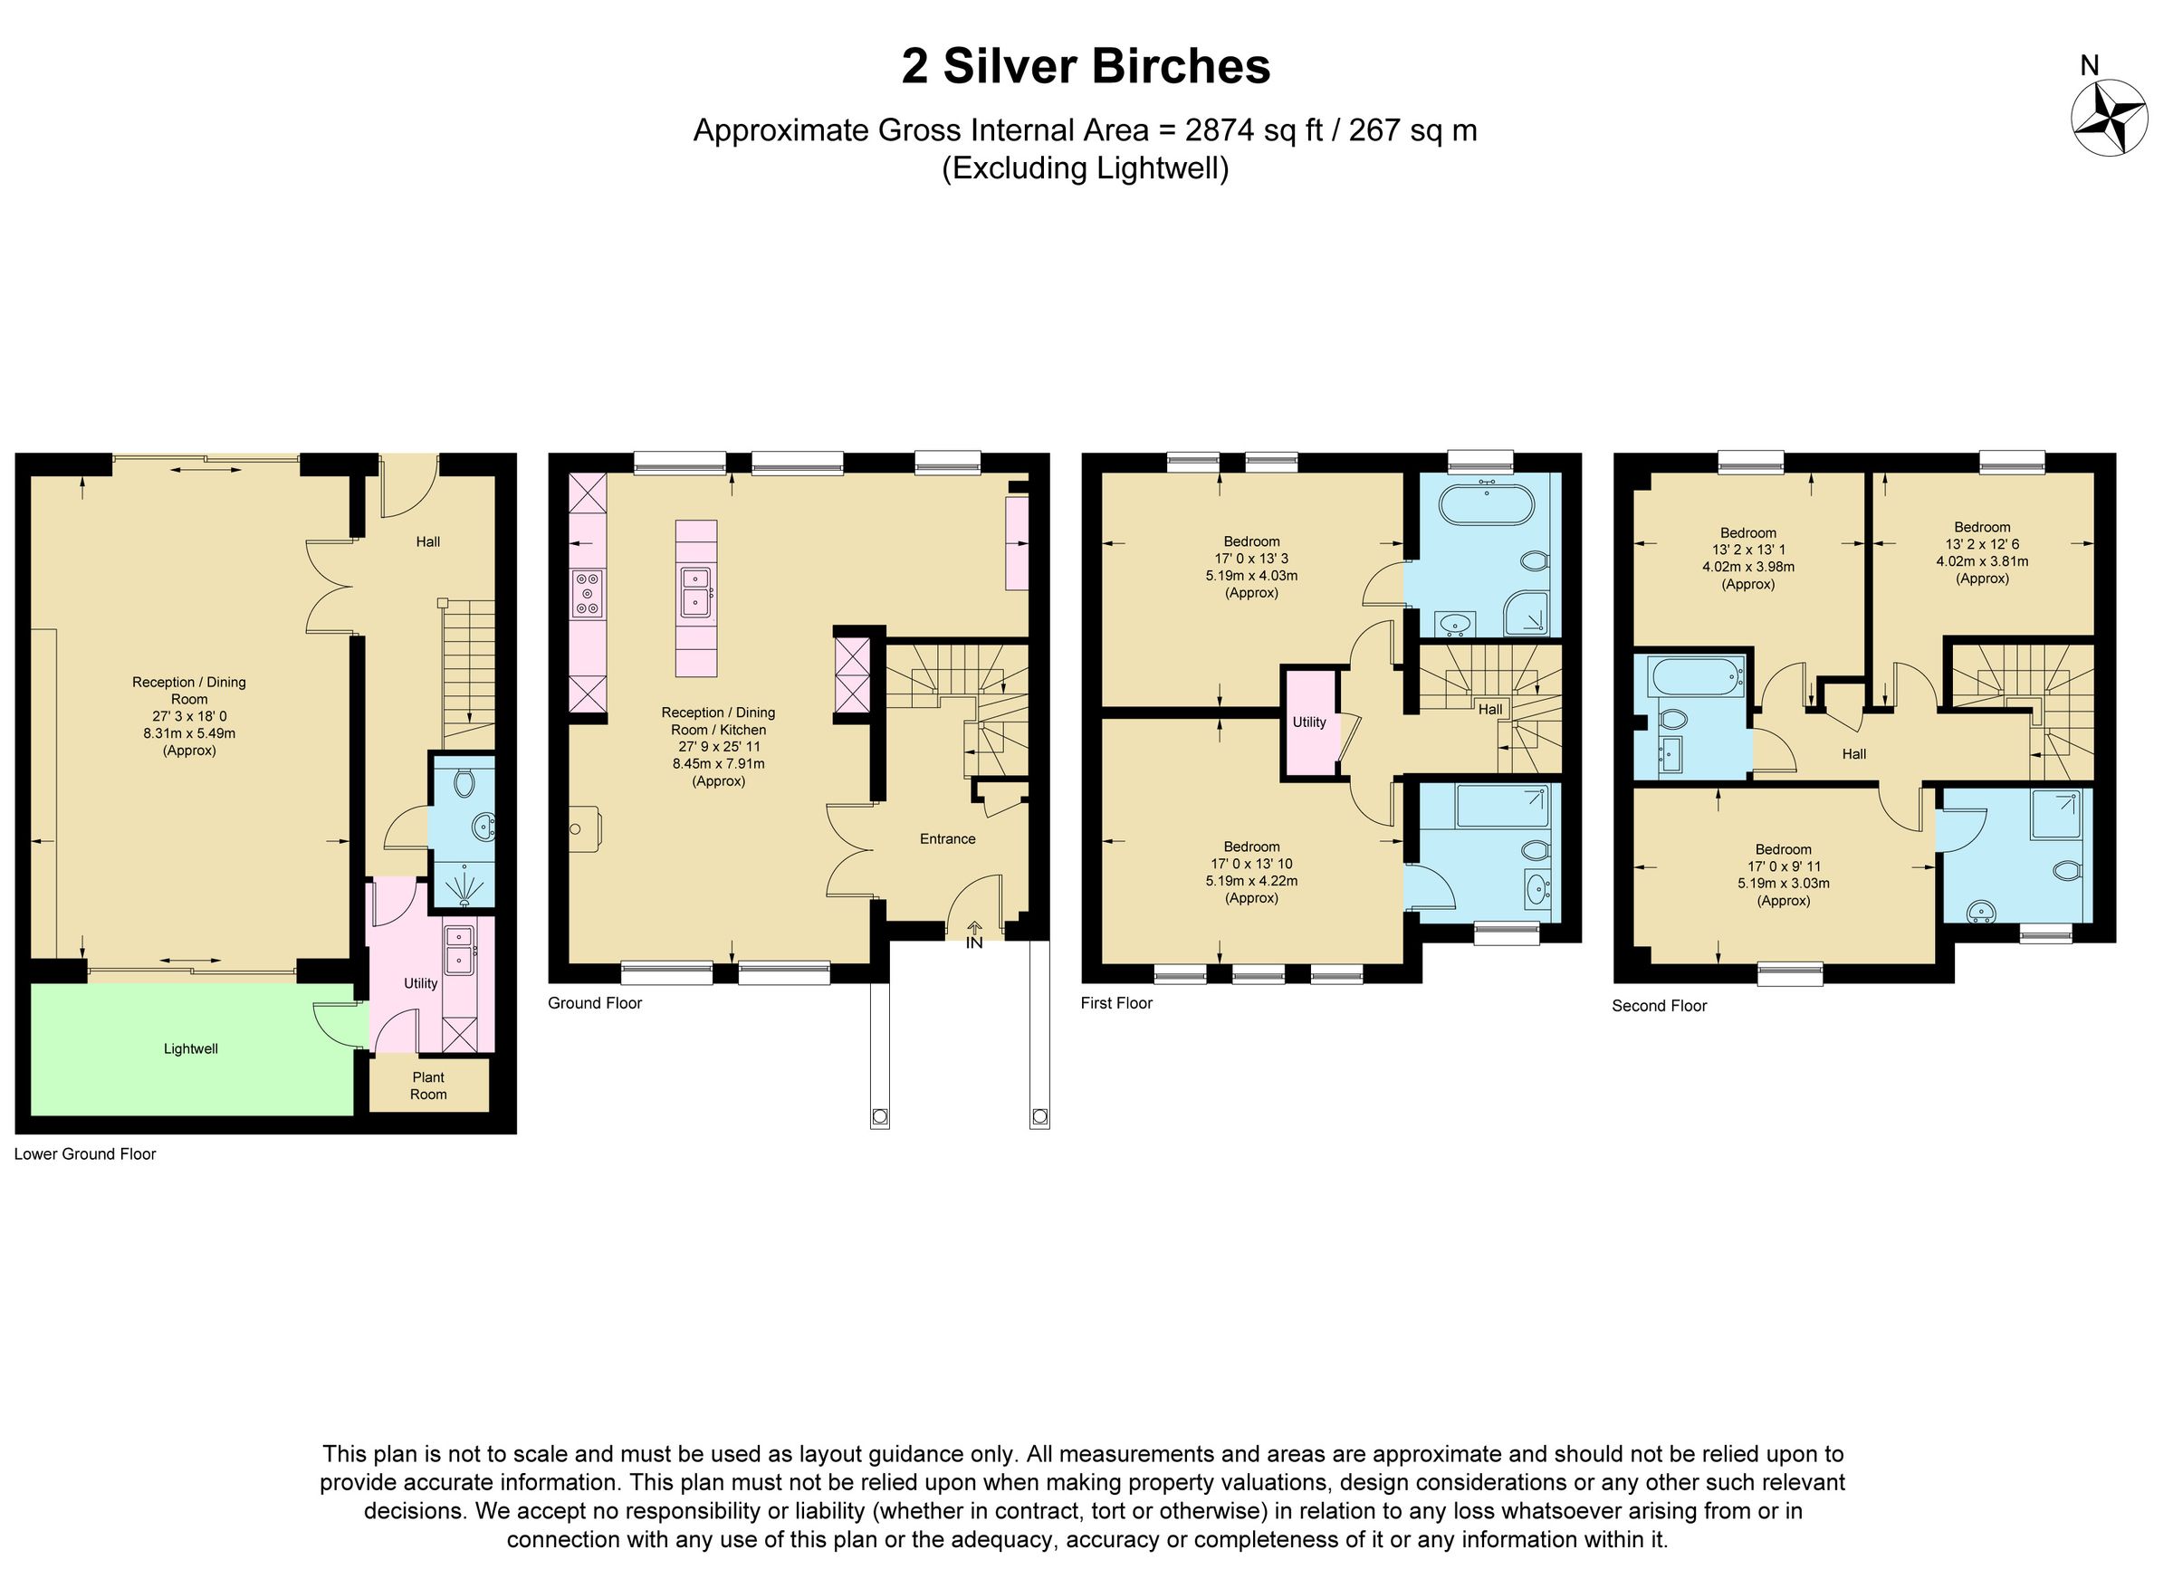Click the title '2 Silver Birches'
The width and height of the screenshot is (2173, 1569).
pyautogui.click(x=1086, y=67)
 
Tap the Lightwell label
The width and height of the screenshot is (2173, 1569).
pyautogui.click(x=191, y=1048)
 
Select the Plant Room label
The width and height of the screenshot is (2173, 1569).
pyautogui.click(x=428, y=1086)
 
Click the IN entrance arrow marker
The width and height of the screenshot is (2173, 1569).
pyautogui.click(x=974, y=935)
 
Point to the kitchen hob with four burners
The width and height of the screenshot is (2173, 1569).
pyautogui.click(x=588, y=593)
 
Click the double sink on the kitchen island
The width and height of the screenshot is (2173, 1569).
pyautogui.click(x=695, y=590)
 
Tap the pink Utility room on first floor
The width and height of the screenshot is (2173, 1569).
pyautogui.click(x=1309, y=722)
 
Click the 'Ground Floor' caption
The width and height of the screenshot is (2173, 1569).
pyautogui.click(x=594, y=1003)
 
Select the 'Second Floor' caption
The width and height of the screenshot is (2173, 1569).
pyautogui.click(x=1660, y=1006)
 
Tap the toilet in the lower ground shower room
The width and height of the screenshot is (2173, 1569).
pyautogui.click(x=464, y=783)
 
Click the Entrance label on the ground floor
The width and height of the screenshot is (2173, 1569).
pyautogui.click(x=948, y=838)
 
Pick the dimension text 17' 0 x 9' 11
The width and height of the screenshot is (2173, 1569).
pyautogui.click(x=1783, y=866)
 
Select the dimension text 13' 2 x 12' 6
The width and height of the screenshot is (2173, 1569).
pyautogui.click(x=1982, y=544)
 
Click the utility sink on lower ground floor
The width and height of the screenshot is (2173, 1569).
pyautogui.click(x=459, y=945)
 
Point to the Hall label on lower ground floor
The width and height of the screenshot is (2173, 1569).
pyautogui.click(x=428, y=541)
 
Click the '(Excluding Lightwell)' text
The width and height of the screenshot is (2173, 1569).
pyautogui.click(x=1086, y=168)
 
